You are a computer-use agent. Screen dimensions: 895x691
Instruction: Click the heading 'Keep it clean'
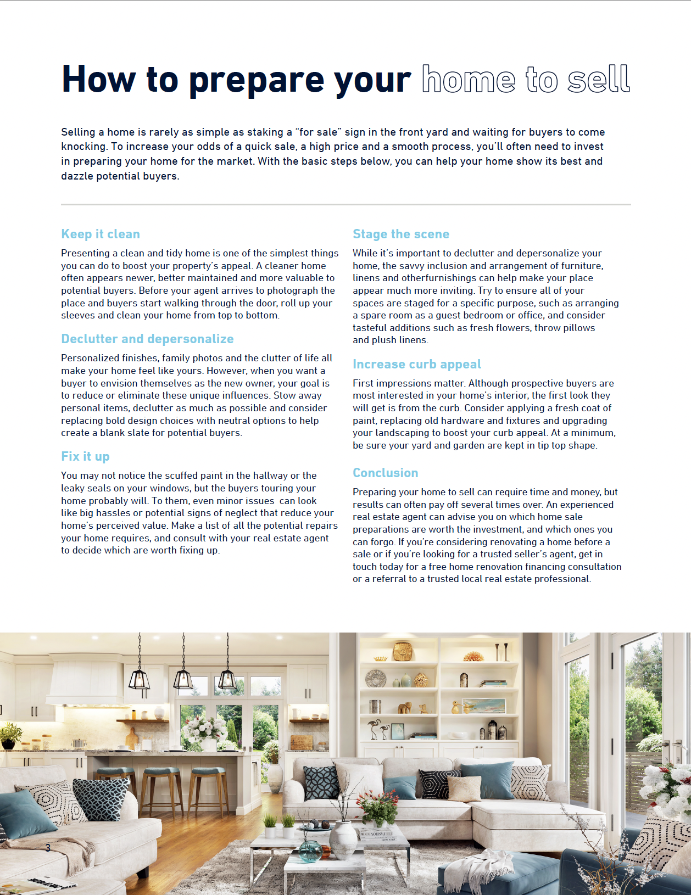[101, 234]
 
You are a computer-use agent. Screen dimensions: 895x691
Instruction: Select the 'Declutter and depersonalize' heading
[147, 339]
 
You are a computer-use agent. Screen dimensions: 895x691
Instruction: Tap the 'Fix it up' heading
[85, 456]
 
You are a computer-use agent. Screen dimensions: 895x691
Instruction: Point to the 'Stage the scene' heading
[400, 234]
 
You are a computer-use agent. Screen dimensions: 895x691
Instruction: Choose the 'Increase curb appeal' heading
[416, 364]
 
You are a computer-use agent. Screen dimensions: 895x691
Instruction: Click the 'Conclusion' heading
[385, 473]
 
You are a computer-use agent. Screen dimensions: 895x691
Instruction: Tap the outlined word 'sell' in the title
[598, 80]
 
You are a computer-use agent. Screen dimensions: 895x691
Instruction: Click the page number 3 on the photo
[48, 848]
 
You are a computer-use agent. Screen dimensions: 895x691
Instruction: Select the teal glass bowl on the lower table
[310, 851]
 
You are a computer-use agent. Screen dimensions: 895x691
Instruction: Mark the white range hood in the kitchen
[84, 681]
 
